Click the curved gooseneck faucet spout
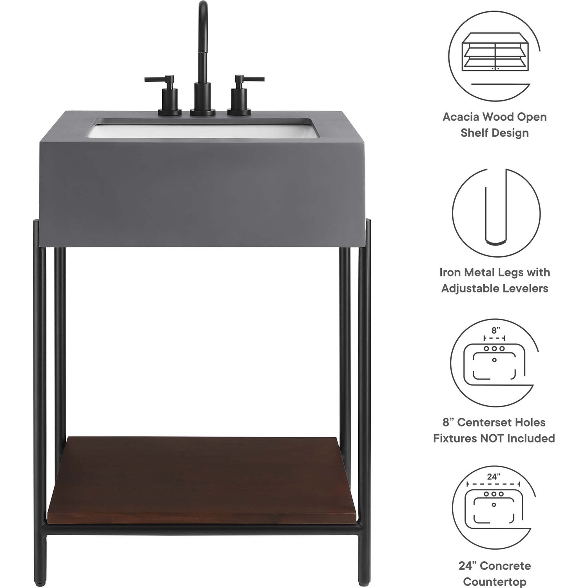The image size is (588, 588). coord(203,59)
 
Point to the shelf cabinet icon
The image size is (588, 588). coord(495,52)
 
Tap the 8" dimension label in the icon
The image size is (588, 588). coord(496,330)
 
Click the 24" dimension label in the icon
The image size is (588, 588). coord(493,477)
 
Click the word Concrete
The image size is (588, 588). coord(505,566)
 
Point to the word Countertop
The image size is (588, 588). coord(495,582)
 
